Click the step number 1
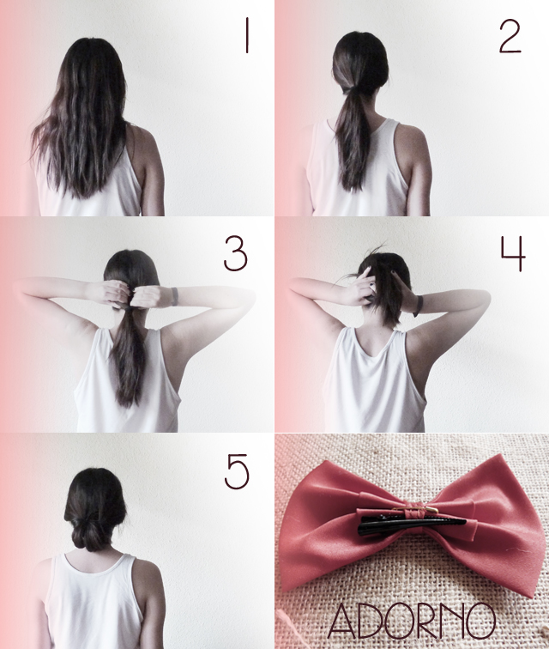pos(246,35)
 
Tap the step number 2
pos(510,36)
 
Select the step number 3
pos(235,254)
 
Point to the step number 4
pos(513,253)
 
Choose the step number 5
pos(237,471)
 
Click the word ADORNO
pos(412,620)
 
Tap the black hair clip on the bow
pos(412,523)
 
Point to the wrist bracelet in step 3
pos(175,296)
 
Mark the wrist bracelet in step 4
pos(419,306)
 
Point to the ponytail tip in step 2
pos(353,187)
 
